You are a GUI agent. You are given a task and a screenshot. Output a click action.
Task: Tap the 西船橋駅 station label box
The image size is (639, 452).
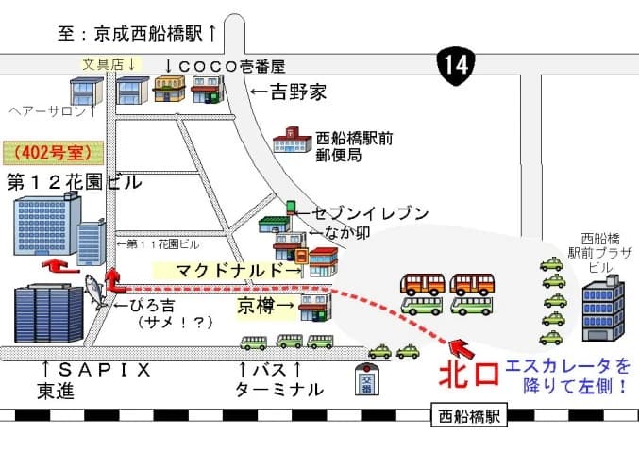(468, 414)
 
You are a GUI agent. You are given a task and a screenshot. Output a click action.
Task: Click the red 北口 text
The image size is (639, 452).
(468, 374)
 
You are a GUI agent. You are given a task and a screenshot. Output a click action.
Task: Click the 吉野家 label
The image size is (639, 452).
(289, 92)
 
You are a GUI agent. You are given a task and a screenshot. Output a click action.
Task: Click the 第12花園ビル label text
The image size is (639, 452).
(74, 182)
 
